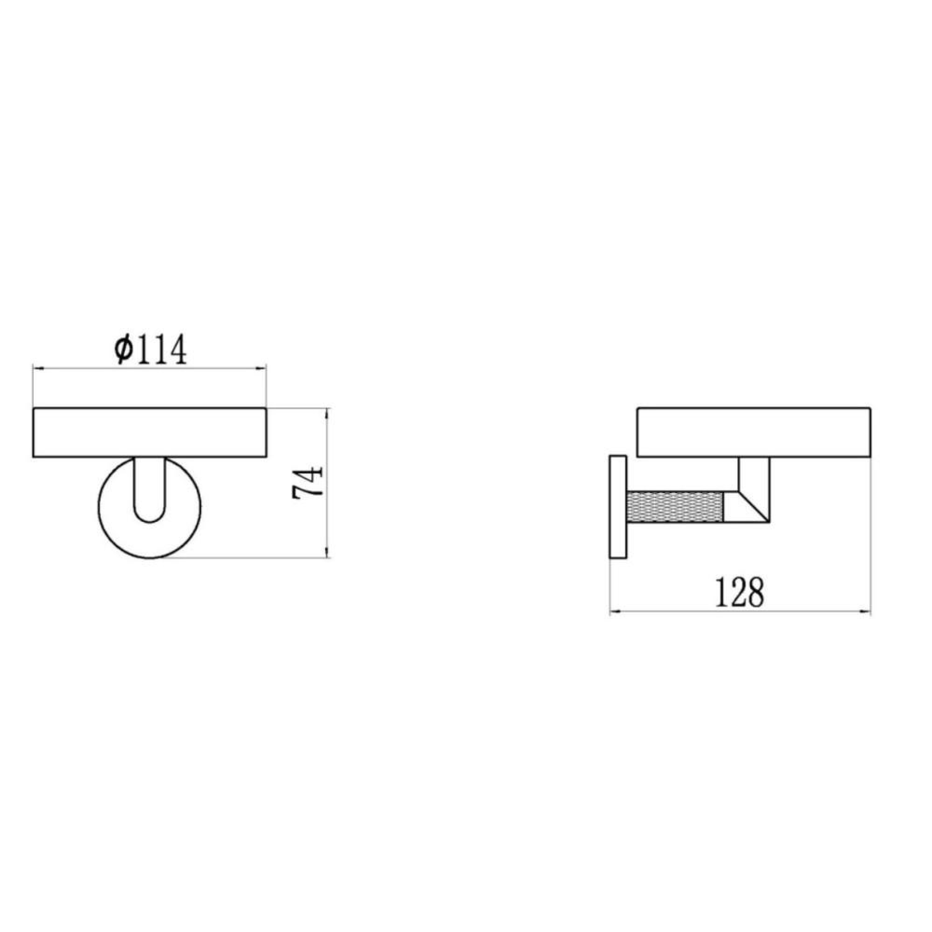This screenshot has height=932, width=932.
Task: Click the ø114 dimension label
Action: [x=150, y=351]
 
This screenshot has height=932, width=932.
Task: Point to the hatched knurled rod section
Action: [x=674, y=507]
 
